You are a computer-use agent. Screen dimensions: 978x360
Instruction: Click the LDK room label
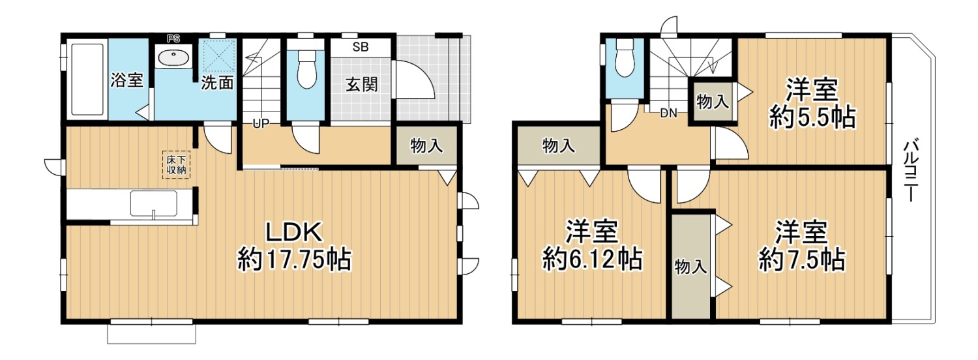click(x=295, y=232)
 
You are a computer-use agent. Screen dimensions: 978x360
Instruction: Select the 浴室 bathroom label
click(x=126, y=80)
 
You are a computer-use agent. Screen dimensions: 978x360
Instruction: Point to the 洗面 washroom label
click(x=217, y=82)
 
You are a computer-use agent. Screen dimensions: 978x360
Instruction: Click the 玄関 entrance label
click(x=362, y=84)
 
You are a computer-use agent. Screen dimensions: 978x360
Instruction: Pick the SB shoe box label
click(x=361, y=47)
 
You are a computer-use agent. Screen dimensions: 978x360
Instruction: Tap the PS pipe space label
click(x=173, y=38)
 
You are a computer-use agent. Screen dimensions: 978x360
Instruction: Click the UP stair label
click(x=261, y=124)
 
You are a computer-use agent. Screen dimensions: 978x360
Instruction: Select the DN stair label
click(x=668, y=113)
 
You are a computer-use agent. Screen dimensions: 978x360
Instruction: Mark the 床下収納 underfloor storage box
click(x=177, y=165)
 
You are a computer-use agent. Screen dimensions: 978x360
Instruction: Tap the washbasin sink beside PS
click(x=173, y=57)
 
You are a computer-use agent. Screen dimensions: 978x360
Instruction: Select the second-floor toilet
click(x=625, y=59)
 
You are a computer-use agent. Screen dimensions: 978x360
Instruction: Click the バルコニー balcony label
click(x=910, y=171)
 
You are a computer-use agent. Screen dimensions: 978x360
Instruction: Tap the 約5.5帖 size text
click(x=812, y=117)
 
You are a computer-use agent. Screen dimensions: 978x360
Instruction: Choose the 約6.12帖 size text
click(x=592, y=259)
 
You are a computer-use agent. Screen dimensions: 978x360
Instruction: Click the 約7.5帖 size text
click(x=801, y=260)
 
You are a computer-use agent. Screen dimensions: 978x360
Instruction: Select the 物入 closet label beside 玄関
click(x=426, y=145)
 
